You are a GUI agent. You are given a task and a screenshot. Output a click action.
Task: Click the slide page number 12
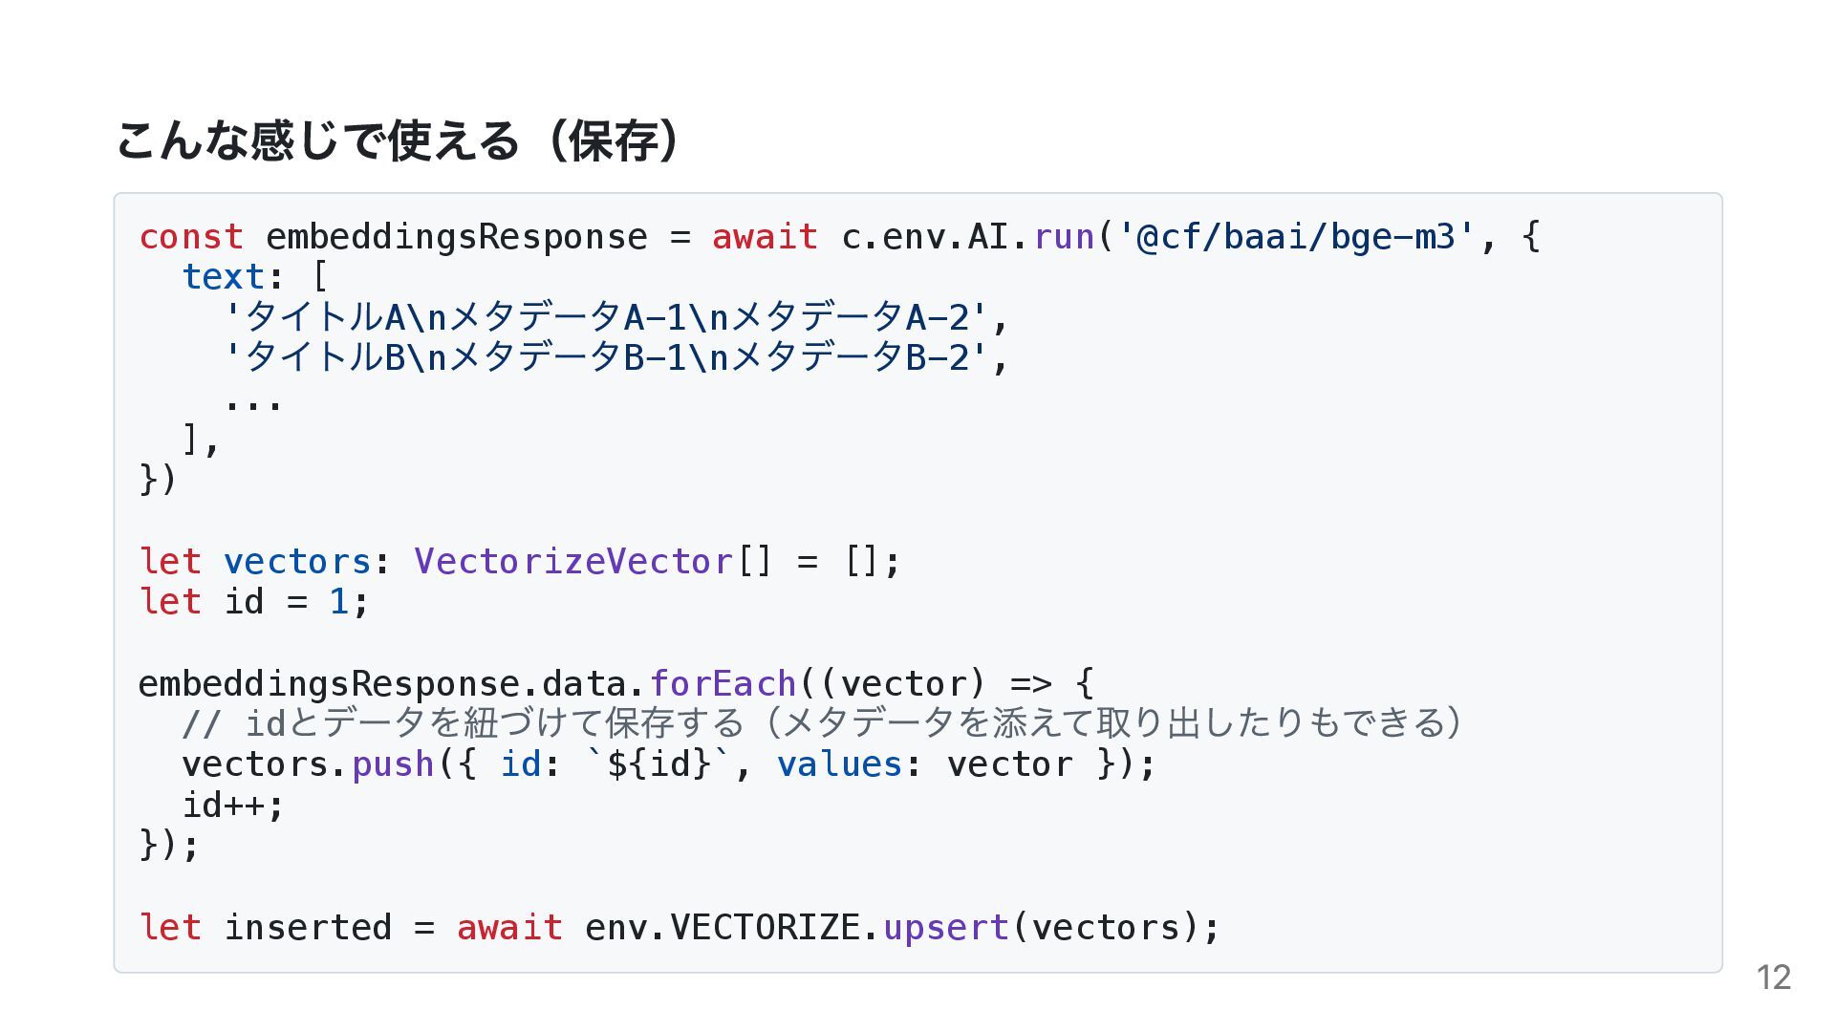pos(1773,978)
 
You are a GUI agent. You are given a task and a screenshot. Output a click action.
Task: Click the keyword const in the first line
pos(191,236)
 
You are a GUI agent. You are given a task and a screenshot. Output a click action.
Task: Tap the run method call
pos(1064,236)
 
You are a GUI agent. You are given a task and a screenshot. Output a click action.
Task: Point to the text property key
pos(224,277)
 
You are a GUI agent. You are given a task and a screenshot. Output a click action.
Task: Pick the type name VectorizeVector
pos(573,561)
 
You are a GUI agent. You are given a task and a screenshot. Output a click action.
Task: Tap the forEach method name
pos(723,683)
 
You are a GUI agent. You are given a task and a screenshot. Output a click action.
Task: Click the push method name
pos(393,764)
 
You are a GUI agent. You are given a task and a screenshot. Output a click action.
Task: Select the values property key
pos(839,764)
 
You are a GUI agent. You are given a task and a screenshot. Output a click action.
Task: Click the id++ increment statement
pos(233,806)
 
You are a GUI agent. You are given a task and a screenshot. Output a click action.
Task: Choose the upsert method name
pos(945,927)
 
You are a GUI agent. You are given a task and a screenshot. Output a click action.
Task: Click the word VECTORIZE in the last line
pos(765,927)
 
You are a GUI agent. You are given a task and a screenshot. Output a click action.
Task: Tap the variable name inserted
pos(308,927)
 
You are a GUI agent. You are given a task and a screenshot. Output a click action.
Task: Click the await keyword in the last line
pos(509,927)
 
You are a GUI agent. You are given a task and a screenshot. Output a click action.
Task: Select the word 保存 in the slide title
pos(612,141)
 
